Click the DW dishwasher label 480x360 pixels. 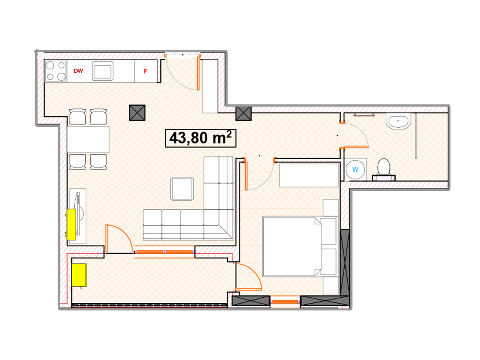[x=78, y=71]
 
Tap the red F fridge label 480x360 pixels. [x=146, y=71]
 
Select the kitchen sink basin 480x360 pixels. [x=102, y=71]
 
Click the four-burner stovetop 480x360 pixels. [x=56, y=71]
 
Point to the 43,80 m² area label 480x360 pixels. [x=200, y=138]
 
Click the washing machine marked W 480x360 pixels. [x=355, y=169]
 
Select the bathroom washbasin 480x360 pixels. [x=398, y=121]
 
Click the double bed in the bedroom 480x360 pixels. [x=300, y=246]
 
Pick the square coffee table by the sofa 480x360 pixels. [x=182, y=189]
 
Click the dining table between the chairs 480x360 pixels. [x=88, y=139]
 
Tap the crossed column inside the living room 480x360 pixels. [x=137, y=113]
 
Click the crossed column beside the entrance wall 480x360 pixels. [x=243, y=114]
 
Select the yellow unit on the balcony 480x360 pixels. [x=79, y=275]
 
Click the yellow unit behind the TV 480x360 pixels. [x=71, y=225]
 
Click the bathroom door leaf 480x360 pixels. [x=356, y=147]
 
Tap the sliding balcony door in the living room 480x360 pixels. [x=164, y=252]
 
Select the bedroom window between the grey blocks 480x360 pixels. [x=285, y=302]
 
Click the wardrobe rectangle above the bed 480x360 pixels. [x=309, y=175]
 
